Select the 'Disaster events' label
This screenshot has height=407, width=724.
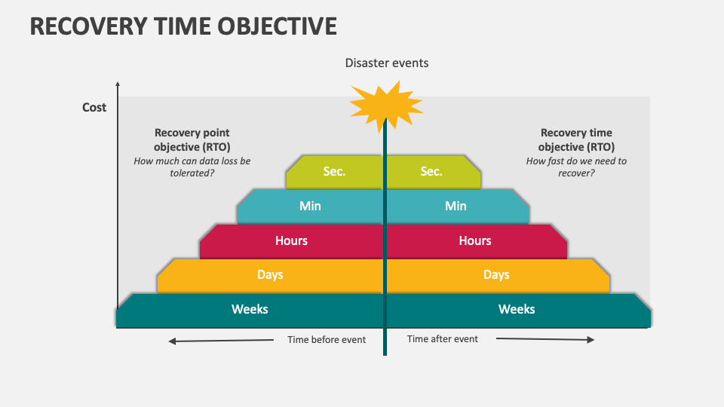click(x=387, y=63)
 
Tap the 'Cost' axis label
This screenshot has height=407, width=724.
click(x=94, y=107)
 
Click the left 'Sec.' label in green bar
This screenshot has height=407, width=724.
click(x=334, y=172)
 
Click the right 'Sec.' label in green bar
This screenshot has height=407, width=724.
click(x=431, y=172)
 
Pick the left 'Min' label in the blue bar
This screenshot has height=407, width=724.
click(x=310, y=206)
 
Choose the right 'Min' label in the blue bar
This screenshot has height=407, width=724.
click(x=456, y=206)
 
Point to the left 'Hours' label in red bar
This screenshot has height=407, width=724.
click(x=291, y=240)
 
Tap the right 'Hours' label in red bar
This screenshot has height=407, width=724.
click(x=475, y=240)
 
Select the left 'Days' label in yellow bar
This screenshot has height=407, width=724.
click(x=270, y=274)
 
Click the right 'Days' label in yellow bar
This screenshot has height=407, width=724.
click(x=496, y=274)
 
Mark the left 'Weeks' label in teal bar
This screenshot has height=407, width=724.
click(x=250, y=309)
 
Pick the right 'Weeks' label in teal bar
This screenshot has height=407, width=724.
click(x=517, y=309)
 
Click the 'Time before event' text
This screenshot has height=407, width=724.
click(x=327, y=340)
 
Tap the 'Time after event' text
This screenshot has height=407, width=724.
click(x=443, y=339)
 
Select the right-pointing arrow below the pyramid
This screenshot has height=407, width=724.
click(x=545, y=340)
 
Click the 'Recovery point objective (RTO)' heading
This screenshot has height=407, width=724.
click(x=192, y=139)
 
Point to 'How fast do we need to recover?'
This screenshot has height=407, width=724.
click(x=576, y=167)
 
